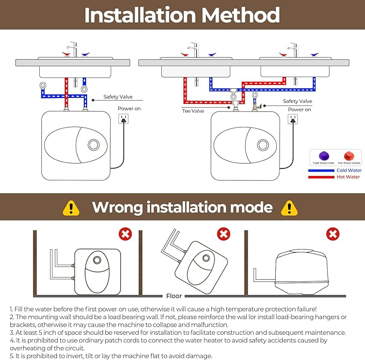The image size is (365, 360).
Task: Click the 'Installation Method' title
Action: point(182,15)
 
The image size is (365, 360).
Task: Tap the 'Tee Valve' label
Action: point(193,111)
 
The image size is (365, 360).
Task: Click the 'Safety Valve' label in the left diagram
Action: point(118,98)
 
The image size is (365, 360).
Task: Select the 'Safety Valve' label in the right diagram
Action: point(297,101)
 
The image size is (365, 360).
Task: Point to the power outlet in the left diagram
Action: point(124,119)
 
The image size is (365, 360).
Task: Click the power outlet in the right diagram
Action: point(293,121)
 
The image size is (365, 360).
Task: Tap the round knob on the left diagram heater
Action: point(93,145)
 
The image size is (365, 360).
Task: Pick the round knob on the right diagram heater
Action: point(263,145)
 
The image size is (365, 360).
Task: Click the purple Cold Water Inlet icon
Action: point(324,156)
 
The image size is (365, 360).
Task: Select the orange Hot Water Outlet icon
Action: point(348,156)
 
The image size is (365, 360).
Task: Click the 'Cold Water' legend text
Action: point(349,171)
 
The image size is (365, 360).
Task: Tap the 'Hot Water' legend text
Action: point(348,177)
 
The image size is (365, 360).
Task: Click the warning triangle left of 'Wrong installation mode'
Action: point(71,208)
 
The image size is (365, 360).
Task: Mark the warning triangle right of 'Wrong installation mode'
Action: point(290,208)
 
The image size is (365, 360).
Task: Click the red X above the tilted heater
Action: point(223,234)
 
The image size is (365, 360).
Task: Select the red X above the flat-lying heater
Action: point(333,234)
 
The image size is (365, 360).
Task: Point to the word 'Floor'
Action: point(174,296)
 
